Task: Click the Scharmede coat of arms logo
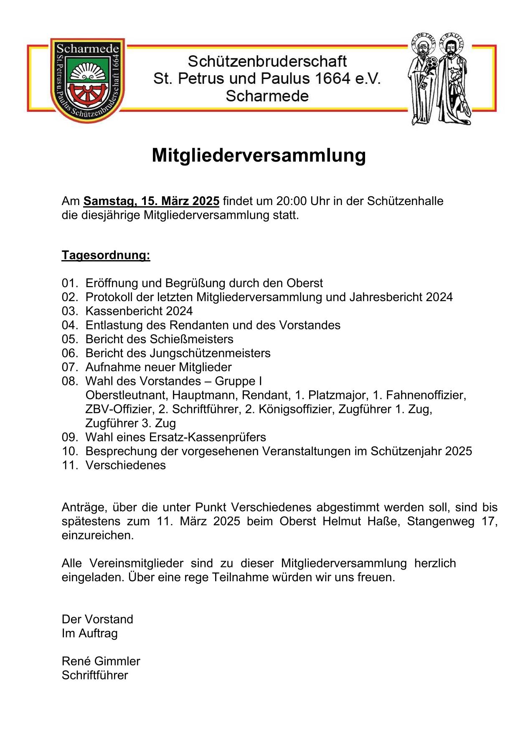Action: click(x=87, y=80)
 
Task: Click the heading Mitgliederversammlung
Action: click(x=259, y=155)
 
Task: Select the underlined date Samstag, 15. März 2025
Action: click(x=151, y=201)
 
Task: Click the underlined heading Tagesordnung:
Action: click(x=106, y=255)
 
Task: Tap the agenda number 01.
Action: click(x=70, y=283)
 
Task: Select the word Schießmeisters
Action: click(x=192, y=339)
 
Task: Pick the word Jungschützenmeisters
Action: click(x=210, y=353)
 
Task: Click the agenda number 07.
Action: click(x=70, y=367)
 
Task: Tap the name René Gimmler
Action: click(x=101, y=661)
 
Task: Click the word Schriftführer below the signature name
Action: click(x=95, y=675)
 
